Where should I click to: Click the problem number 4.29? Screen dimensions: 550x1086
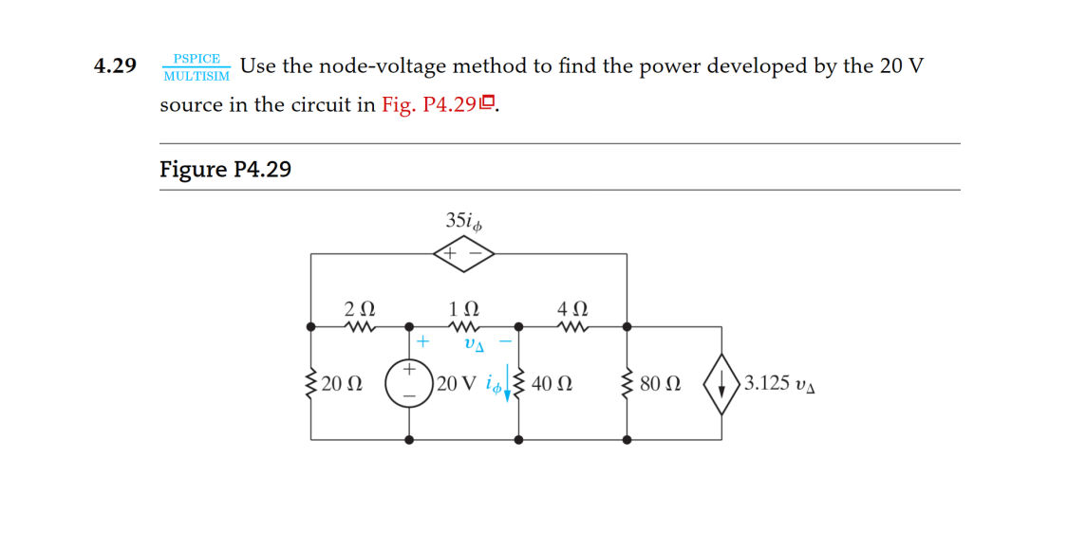115,66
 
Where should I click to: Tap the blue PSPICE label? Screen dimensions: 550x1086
197,59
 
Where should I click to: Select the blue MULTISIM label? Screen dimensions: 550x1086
197,76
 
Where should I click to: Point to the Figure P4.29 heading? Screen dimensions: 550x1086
225,170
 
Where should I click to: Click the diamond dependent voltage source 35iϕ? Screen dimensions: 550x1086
464,253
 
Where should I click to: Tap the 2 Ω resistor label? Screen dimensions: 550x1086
359,309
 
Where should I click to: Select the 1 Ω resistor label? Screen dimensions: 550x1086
464,309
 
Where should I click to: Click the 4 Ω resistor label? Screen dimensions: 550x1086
573,309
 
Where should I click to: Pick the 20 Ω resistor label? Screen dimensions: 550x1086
342,384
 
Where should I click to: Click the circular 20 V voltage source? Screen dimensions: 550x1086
409,383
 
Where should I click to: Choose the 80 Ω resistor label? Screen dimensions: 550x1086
661,384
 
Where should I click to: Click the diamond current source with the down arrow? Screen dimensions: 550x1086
721,383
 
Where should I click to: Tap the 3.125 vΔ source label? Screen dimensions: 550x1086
779,384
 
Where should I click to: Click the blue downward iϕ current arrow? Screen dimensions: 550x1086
508,384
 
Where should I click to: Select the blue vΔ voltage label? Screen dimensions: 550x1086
474,345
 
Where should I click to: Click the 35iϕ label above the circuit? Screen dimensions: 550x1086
464,221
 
